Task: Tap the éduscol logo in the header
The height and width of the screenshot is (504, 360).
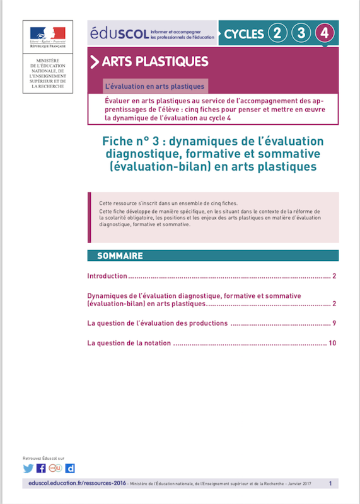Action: coord(119,33)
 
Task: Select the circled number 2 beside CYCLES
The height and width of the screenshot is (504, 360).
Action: coord(276,33)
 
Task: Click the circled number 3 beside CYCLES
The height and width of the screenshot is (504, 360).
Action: coord(300,33)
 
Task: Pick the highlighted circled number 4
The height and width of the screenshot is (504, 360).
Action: coord(325,33)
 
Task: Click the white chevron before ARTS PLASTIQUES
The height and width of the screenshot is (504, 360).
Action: coord(95,62)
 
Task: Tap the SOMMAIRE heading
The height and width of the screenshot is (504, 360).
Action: coord(120,256)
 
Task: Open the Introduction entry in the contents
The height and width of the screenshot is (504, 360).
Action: coord(107,277)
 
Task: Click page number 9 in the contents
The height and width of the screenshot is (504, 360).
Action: coord(334,324)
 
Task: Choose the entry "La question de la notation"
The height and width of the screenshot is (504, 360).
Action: coord(129,343)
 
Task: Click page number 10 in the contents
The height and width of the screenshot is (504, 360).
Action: coord(333,343)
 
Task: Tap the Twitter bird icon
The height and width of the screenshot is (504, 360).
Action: coord(28,468)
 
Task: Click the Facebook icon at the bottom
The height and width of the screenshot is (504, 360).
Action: coord(41,468)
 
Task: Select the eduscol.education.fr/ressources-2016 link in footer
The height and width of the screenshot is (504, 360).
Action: coord(73,484)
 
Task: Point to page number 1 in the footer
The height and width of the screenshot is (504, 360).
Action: coord(330,484)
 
